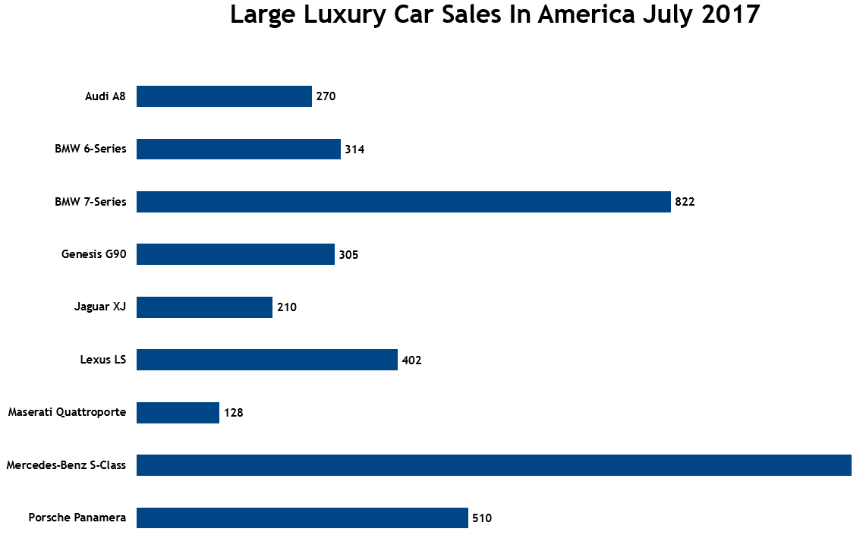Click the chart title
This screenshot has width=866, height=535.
click(495, 15)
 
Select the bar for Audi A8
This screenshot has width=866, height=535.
click(224, 96)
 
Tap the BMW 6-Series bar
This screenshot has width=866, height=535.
click(238, 149)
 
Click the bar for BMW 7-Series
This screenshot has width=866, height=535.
click(403, 202)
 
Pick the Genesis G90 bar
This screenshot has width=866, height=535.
click(235, 254)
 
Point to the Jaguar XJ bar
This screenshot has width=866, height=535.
click(204, 307)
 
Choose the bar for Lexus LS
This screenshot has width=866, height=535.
click(266, 360)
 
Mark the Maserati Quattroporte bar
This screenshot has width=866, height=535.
click(178, 413)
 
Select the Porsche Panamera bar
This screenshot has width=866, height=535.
click(302, 518)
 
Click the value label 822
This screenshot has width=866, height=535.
click(685, 202)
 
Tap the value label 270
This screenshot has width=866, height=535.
click(326, 96)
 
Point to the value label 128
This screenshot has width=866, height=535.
click(233, 413)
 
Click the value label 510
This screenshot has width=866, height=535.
click(482, 518)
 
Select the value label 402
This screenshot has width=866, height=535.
click(411, 360)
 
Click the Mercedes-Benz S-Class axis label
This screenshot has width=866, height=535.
click(66, 465)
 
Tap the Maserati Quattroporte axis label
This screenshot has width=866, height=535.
click(67, 413)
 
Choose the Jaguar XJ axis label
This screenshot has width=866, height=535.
click(100, 307)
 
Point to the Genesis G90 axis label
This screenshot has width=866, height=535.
click(93, 254)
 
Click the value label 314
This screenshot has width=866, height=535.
click(354, 149)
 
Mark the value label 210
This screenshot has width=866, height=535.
click(286, 307)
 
